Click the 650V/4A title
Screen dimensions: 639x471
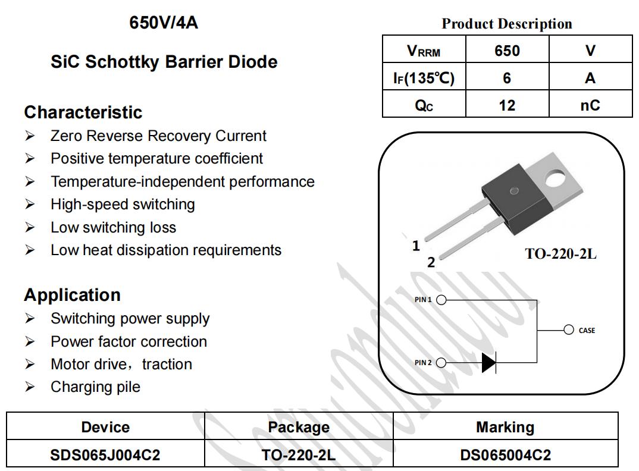tap(164, 23)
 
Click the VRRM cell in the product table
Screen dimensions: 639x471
tap(424, 49)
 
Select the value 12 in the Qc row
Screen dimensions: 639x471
tap(507, 105)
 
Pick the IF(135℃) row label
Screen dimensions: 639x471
tap(424, 77)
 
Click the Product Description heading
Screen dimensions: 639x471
tap(507, 24)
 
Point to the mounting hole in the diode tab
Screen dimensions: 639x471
tap(556, 178)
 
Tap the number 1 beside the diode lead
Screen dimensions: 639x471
tap(416, 246)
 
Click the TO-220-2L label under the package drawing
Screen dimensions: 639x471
tap(560, 254)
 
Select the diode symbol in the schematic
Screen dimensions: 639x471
tap(489, 362)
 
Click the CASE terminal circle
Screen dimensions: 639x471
tap(569, 329)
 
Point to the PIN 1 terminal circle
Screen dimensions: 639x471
tap(441, 300)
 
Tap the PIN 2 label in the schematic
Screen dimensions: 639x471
tap(423, 363)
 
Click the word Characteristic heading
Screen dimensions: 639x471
tap(83, 112)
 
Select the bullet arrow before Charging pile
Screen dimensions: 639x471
tap(30, 386)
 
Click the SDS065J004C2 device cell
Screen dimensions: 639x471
tap(105, 455)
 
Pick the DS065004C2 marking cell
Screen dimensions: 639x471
tap(505, 455)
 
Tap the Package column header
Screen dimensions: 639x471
tap(299, 427)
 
